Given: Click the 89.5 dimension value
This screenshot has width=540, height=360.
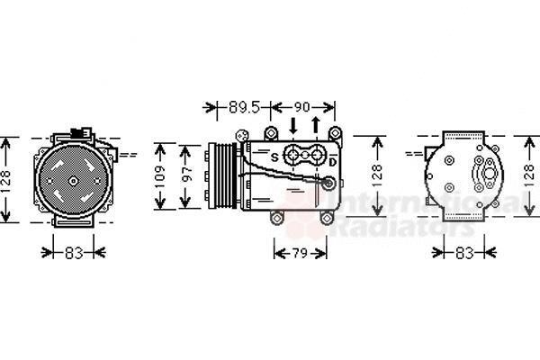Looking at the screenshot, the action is point(244,107).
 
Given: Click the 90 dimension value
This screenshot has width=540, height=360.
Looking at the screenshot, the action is point(301,107).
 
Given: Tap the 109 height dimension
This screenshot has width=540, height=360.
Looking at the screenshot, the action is point(160,177).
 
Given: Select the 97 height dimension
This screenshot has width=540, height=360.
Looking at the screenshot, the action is point(186,174).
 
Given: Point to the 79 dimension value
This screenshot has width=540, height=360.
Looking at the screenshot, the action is point(300,254).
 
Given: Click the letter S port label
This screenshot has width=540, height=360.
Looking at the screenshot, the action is point(274,157).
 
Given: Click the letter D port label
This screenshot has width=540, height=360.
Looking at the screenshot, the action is point(332,162).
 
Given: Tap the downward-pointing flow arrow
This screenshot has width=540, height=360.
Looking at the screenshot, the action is point(293,126).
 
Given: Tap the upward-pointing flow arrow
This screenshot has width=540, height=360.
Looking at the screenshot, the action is point(316,125).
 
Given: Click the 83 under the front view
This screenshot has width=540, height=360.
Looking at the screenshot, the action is point(74,253).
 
